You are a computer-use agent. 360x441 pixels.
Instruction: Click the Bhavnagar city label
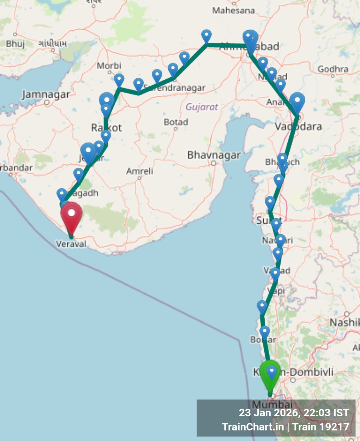pyautogui.click(x=214, y=155)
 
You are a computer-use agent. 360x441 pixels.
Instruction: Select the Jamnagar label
pyautogui.click(x=46, y=95)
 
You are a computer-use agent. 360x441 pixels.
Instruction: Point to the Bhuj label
pyautogui.click(x=15, y=44)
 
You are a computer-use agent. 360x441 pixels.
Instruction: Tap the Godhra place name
pyautogui.click(x=332, y=69)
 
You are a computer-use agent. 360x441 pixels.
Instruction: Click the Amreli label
pyautogui.click(x=140, y=171)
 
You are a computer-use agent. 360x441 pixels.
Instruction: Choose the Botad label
pyautogui.click(x=176, y=122)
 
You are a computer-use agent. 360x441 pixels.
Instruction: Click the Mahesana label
pyautogui.click(x=233, y=11)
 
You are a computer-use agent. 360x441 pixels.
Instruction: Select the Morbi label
pyautogui.click(x=109, y=66)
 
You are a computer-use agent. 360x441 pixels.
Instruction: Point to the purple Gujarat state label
pyautogui.click(x=202, y=107)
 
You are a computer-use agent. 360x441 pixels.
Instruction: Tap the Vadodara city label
pyautogui.click(x=298, y=126)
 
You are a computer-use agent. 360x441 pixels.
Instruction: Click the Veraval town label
pyautogui.click(x=71, y=244)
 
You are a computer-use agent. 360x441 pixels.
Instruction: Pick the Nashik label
pyautogui.click(x=344, y=322)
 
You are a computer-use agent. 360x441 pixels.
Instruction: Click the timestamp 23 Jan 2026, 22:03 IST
pyautogui.click(x=294, y=413)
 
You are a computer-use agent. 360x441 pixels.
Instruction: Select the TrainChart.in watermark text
pyautogui.click(x=253, y=427)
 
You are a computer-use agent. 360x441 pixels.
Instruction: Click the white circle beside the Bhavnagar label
pyautogui.click(x=213, y=163)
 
